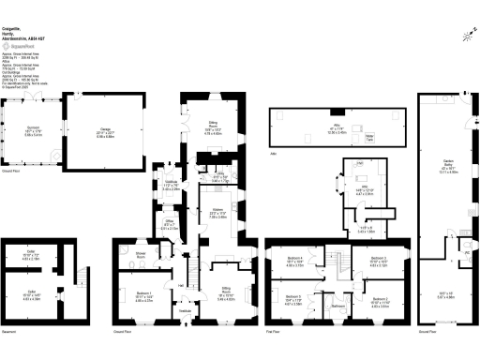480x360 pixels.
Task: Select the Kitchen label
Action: [x=217, y=213]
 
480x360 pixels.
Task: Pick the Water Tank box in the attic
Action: [x=369, y=137]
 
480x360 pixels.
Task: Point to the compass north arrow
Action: [x=469, y=37]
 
